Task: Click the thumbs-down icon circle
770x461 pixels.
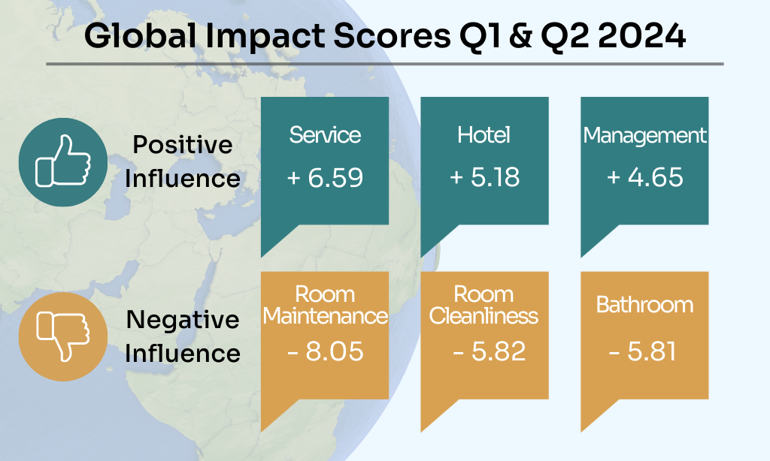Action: (x=63, y=336)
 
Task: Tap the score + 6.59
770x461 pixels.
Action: (x=325, y=178)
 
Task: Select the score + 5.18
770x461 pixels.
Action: (x=484, y=178)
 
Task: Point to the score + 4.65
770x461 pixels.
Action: (x=645, y=178)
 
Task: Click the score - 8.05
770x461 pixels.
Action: (x=325, y=351)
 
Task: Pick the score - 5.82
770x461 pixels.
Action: (x=489, y=351)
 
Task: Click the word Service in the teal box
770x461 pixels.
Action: (x=325, y=135)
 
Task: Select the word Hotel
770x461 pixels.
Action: (x=484, y=135)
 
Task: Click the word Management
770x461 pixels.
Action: (x=645, y=135)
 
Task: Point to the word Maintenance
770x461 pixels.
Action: (x=325, y=316)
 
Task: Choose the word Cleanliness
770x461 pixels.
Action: (x=484, y=316)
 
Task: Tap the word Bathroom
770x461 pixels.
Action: (x=644, y=305)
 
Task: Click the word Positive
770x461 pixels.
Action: (x=182, y=146)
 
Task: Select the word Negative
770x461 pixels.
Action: (x=183, y=320)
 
